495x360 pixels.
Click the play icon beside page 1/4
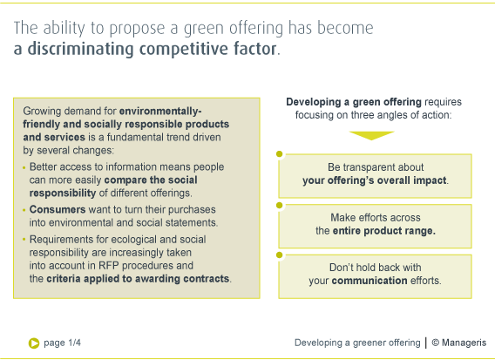pyautogui.click(x=34, y=343)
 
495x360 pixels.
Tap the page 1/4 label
pyautogui.click(x=62, y=343)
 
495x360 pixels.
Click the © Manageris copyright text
pyautogui.click(x=459, y=343)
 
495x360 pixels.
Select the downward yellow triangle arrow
pyautogui.click(x=371, y=135)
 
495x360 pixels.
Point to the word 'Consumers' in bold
pyautogui.click(x=58, y=209)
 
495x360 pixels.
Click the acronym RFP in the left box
pyautogui.click(x=109, y=266)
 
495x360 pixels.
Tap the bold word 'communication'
pyautogui.click(x=370, y=281)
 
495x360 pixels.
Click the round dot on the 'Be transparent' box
pyautogui.click(x=280, y=153)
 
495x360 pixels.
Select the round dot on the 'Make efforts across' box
pyautogui.click(x=280, y=205)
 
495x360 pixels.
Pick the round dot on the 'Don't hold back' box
pyautogui.click(x=280, y=255)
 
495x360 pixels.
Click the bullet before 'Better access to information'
pyautogui.click(x=24, y=167)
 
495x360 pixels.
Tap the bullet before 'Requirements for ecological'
pyautogui.click(x=24, y=240)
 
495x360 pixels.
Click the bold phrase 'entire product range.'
pyautogui.click(x=383, y=231)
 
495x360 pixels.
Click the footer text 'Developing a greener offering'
pyautogui.click(x=357, y=343)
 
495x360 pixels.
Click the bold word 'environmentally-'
pyautogui.click(x=160, y=112)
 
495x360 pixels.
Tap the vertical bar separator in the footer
pyautogui.click(x=426, y=343)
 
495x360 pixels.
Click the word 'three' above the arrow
pyautogui.click(x=363, y=115)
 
